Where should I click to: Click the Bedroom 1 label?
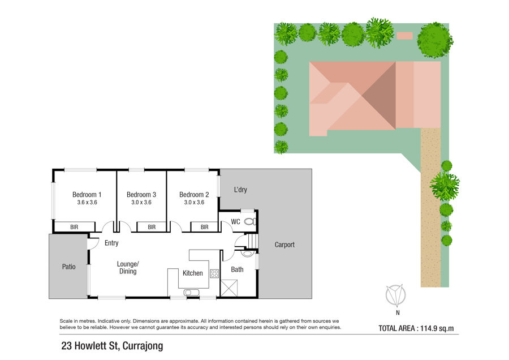click(x=87, y=195)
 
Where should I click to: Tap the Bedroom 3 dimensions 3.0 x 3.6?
click(x=141, y=202)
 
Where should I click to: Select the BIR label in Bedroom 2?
click(x=205, y=227)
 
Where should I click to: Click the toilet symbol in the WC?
click(x=250, y=221)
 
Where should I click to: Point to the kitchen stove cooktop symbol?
click(x=214, y=273)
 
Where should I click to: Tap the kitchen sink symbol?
click(x=192, y=293)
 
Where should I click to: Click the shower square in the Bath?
click(x=229, y=288)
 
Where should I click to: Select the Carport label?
click(x=284, y=245)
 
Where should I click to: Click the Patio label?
click(x=68, y=267)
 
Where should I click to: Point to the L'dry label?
click(x=240, y=190)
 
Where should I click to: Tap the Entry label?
click(x=111, y=243)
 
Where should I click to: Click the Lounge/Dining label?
click(x=128, y=267)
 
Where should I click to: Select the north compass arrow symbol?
click(x=396, y=295)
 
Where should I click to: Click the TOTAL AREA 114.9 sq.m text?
click(x=416, y=328)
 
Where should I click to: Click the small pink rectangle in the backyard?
click(x=405, y=36)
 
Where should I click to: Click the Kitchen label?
click(x=192, y=273)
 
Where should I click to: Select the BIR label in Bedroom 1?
click(x=74, y=227)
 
